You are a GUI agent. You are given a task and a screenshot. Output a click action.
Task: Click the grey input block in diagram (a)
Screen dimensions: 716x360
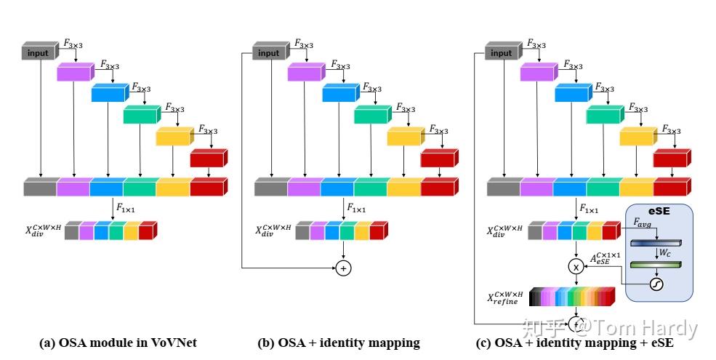click(40, 51)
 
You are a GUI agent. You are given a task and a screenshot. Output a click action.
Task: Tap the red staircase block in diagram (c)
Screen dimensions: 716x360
click(672, 158)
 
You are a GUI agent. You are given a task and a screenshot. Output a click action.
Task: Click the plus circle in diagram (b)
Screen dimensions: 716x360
click(343, 268)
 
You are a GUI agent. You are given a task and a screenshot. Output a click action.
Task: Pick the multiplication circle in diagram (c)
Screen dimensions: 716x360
click(576, 267)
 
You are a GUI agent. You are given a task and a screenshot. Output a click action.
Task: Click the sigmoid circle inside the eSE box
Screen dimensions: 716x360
click(656, 284)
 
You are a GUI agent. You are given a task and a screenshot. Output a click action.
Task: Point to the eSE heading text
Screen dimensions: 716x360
click(659, 211)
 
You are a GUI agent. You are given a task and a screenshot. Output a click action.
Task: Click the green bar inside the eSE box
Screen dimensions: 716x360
click(656, 265)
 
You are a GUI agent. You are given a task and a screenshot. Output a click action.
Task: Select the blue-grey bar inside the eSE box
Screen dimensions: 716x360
click(656, 243)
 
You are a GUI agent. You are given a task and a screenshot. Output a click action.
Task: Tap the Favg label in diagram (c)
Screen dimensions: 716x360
click(642, 223)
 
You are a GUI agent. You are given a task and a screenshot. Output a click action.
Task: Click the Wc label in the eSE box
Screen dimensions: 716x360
click(665, 252)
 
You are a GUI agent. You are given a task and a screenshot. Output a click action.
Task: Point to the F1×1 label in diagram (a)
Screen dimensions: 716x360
click(126, 208)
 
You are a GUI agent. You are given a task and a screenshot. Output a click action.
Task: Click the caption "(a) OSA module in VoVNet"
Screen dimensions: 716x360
click(118, 343)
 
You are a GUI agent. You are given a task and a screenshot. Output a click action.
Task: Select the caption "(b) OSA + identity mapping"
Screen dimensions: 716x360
click(339, 343)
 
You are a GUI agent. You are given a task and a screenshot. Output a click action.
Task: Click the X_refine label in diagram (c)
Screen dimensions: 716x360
click(505, 297)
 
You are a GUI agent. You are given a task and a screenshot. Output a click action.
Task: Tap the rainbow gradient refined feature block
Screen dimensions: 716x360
click(572, 296)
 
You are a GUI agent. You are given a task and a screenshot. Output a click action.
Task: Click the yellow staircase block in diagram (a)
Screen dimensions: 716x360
click(174, 136)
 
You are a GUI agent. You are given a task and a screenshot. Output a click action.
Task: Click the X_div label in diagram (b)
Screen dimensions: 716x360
click(273, 231)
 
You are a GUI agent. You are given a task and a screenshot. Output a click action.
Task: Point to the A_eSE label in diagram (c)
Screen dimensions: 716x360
click(605, 258)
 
